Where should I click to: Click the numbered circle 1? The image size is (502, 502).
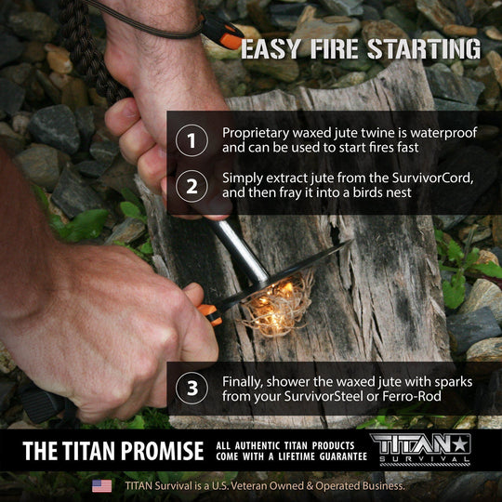(192, 140)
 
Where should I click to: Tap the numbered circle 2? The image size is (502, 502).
(192, 186)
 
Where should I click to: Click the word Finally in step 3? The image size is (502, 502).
(244, 381)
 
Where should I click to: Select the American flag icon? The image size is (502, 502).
(102, 485)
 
